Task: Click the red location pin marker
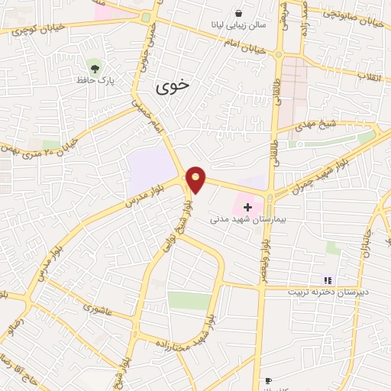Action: (196, 179)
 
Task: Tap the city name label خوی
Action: (172, 86)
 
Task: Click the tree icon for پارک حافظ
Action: (95, 66)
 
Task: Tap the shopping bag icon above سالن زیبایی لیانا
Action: (239, 14)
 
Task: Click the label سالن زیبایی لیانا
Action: (239, 25)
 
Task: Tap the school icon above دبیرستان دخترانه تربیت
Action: (328, 281)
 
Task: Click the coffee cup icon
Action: (268, 380)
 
